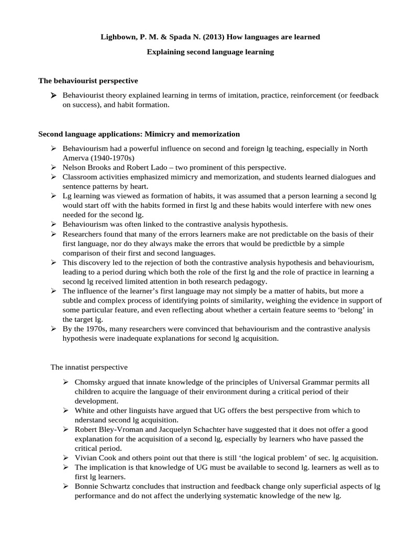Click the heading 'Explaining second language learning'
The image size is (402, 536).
(x=210, y=52)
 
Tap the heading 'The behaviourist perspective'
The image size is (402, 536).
(x=88, y=81)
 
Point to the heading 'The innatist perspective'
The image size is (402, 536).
(x=88, y=368)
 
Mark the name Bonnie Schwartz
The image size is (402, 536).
(x=103, y=486)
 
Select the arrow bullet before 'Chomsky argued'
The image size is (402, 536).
(x=65, y=383)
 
